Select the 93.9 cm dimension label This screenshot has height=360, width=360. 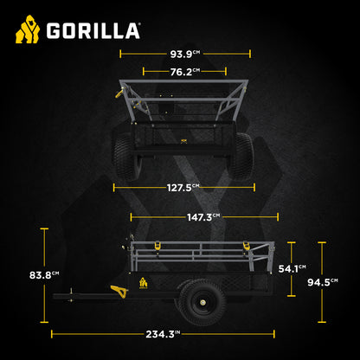point(184,53)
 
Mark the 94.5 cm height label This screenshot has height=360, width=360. point(322,280)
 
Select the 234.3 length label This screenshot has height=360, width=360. point(163,332)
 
